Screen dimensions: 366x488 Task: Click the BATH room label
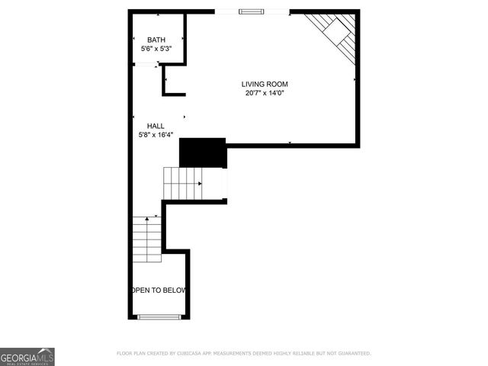pos(156,40)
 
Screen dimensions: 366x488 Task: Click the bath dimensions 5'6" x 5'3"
pos(156,48)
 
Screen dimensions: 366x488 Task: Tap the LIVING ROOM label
pos(265,84)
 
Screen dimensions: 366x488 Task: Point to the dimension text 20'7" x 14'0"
pos(265,93)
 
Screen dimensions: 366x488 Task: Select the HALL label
pos(156,126)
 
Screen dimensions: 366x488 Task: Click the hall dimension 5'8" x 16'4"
pos(156,135)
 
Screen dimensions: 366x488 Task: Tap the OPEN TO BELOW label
pos(159,291)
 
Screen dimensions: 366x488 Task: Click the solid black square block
pos(203,152)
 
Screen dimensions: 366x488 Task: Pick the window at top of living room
pos(250,11)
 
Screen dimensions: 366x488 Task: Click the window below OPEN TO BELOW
pos(159,316)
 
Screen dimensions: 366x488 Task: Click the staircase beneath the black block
pos(183,184)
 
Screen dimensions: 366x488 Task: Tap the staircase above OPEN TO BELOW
pos(147,239)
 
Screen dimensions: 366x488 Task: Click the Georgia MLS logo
pos(27,356)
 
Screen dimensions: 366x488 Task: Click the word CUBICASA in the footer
pos(188,354)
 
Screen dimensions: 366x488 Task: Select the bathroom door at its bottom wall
pos(145,65)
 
